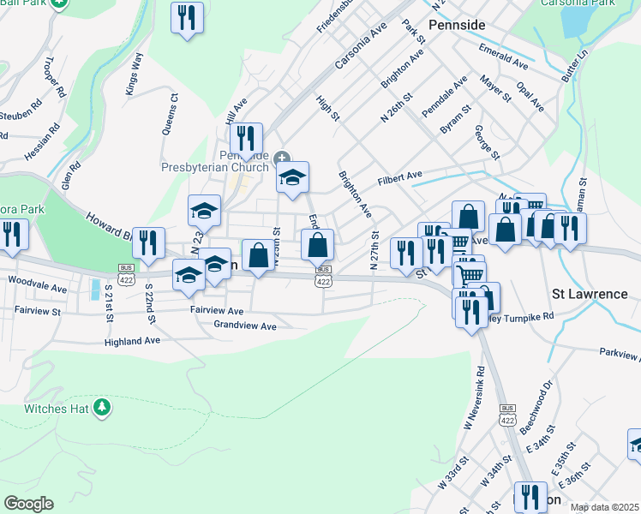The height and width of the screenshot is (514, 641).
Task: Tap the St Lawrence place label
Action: (x=590, y=294)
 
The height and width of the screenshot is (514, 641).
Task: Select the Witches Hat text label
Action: (x=57, y=408)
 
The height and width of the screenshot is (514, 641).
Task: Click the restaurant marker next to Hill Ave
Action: (x=246, y=140)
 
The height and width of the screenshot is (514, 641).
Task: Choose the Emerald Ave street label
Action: (x=503, y=57)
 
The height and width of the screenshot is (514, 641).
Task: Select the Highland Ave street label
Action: (x=133, y=340)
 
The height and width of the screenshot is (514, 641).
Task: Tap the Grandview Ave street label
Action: (x=245, y=326)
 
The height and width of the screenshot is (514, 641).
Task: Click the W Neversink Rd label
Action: (x=474, y=398)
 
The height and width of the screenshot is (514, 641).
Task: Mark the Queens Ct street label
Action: (x=168, y=115)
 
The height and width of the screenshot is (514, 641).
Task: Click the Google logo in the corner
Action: (x=28, y=504)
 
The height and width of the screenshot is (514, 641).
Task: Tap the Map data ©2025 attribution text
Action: (x=605, y=507)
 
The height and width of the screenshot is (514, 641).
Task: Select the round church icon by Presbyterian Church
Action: (x=283, y=156)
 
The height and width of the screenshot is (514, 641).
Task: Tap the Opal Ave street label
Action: (x=530, y=97)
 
